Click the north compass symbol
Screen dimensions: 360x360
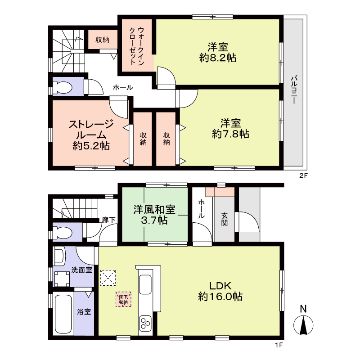coord(303,321)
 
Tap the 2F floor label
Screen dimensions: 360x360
coord(303,176)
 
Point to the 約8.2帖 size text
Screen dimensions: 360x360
coord(218,58)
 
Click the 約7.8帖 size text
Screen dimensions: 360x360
coord(230,134)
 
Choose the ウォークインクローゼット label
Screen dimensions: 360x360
coord(137,46)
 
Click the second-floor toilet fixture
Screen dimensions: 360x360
coord(63,87)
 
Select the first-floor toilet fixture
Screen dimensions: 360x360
coord(63,233)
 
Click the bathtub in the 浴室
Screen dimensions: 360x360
coord(63,314)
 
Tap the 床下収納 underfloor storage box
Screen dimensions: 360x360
coord(123,299)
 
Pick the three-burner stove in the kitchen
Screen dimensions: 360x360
coord(145,323)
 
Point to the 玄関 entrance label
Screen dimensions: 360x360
coord(224,219)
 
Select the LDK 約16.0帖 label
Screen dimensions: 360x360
coord(220,291)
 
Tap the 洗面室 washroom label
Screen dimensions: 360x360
coord(82,270)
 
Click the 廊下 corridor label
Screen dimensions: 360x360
coord(108,220)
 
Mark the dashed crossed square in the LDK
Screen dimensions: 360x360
coord(108,278)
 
